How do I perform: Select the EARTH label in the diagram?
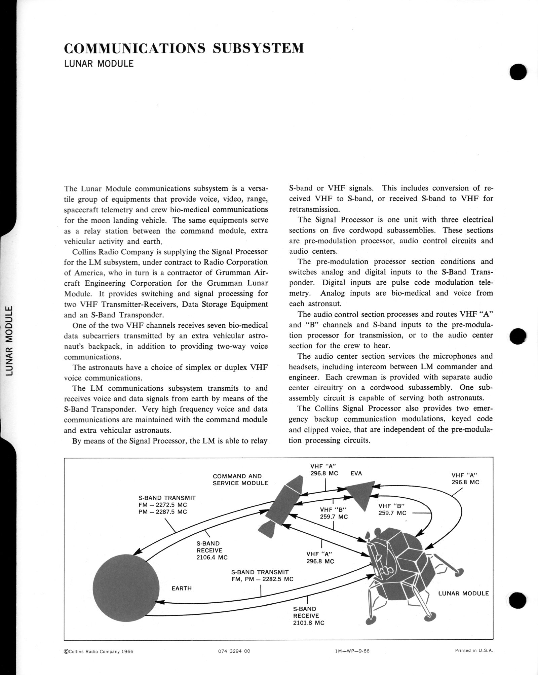point(182,588)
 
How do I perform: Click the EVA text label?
point(356,473)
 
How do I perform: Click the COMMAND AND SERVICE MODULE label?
point(240,479)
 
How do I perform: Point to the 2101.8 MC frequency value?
point(309,623)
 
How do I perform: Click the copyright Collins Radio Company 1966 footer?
point(99,651)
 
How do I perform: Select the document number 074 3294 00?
point(234,651)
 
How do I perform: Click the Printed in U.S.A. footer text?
point(474,650)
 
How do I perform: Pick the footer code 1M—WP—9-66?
point(350,651)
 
